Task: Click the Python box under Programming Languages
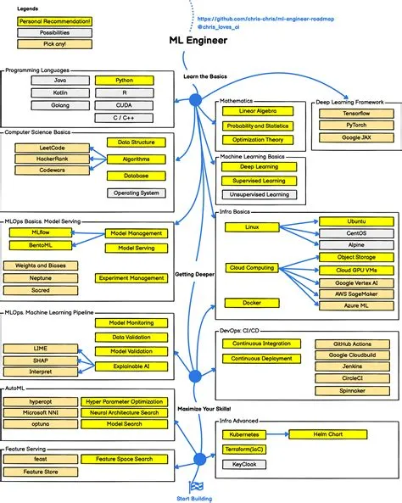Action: (x=124, y=80)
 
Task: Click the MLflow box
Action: (x=40, y=232)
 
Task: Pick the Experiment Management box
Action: (x=131, y=278)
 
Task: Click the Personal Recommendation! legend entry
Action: (x=54, y=20)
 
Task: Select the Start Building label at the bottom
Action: (x=196, y=497)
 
